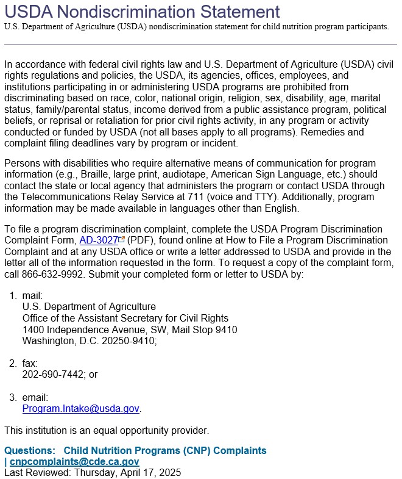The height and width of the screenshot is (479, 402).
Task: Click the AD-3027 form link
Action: (x=98, y=240)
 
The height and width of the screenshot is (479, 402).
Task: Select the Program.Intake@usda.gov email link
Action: (x=81, y=409)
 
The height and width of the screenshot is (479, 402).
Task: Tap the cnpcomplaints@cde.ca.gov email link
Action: (x=74, y=462)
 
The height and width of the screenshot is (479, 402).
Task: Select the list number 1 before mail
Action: (x=12, y=296)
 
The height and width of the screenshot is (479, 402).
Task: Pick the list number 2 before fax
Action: (x=12, y=364)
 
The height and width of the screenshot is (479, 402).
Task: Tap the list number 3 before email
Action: (x=12, y=398)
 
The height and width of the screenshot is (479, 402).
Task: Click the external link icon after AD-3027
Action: (x=121, y=240)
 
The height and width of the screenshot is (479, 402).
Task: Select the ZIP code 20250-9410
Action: (x=126, y=341)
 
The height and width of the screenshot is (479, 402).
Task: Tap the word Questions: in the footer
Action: (x=29, y=451)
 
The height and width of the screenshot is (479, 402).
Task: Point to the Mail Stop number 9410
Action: (x=225, y=330)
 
